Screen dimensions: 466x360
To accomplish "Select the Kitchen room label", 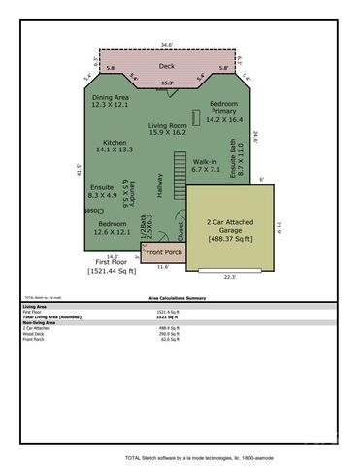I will [115, 146].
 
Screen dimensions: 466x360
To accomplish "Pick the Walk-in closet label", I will [206, 165].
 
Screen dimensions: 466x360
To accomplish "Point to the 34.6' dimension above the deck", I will [167, 45].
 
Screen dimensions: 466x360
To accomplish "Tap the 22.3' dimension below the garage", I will [228, 277].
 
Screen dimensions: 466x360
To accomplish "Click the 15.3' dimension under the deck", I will [167, 83].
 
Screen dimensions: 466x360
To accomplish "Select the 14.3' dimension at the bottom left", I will [113, 256].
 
